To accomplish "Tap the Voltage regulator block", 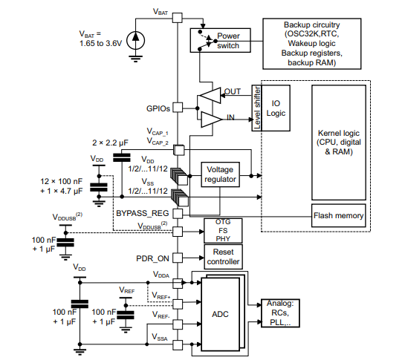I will point(221,174).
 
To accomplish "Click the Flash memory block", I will point(338,216).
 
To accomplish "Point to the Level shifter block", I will point(257,108).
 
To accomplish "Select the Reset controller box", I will point(222,257).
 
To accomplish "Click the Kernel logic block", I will point(338,142).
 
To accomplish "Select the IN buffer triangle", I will point(211,117).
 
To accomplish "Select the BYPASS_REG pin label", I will point(142,213).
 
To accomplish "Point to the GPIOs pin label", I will point(158,108).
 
